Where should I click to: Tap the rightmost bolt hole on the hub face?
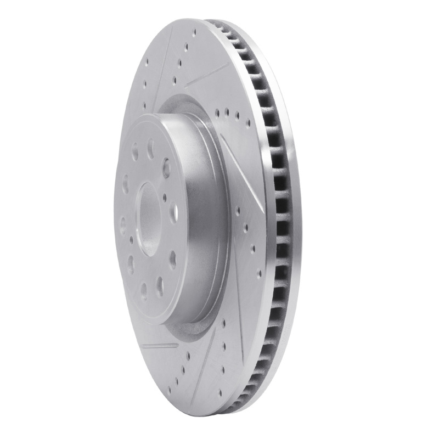173,211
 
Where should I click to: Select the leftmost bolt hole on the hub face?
122,224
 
